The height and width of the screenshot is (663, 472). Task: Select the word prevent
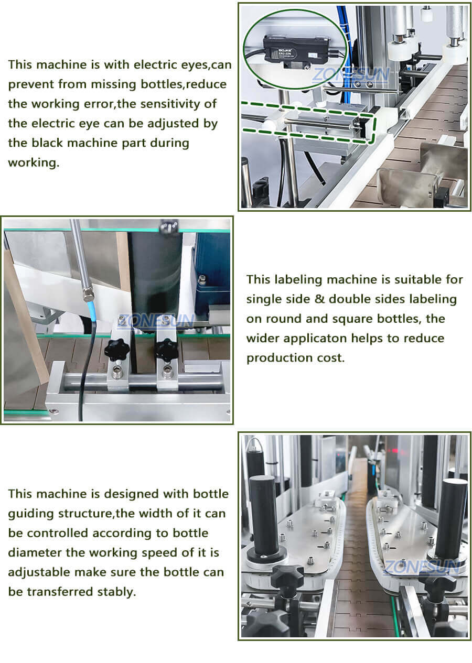click(30, 84)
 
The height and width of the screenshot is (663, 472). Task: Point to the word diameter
click(34, 552)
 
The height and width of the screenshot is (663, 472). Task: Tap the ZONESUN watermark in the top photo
click(350, 75)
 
